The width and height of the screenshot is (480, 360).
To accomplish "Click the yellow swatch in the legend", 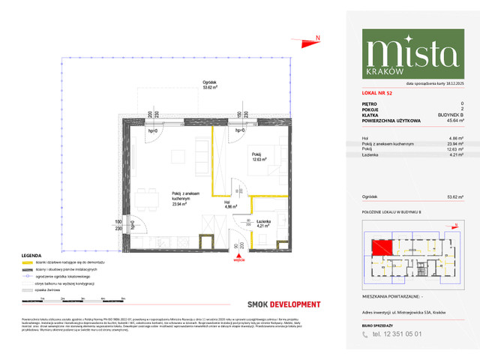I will coord(28,262).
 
